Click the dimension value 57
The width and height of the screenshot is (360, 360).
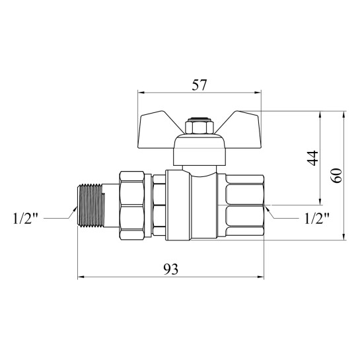199,85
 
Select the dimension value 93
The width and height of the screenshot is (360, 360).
170,270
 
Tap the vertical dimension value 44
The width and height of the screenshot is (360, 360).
312,158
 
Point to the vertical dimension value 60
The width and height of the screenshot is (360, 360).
337,176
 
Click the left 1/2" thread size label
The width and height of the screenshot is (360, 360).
25,218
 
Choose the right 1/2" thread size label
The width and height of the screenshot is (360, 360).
317,218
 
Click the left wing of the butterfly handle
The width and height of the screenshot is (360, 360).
159,129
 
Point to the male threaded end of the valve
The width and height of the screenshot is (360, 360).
91,205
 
